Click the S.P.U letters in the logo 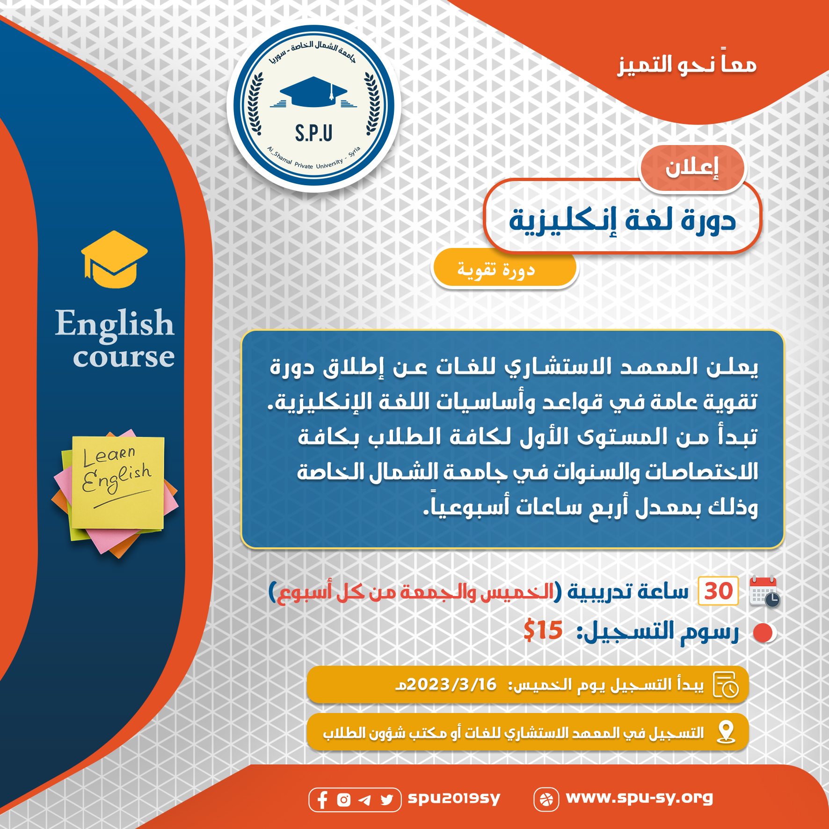(313, 133)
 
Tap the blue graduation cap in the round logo (313, 92)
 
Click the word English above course (115, 324)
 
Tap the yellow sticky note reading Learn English (118, 482)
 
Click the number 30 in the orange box (718, 591)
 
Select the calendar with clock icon (764, 592)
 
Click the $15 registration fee (543, 630)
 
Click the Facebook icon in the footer (322, 800)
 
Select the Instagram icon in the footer (344, 800)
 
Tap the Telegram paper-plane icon (365, 800)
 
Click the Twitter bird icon (387, 800)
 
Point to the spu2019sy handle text (454, 798)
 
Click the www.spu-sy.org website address (639, 798)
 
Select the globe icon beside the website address (546, 800)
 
